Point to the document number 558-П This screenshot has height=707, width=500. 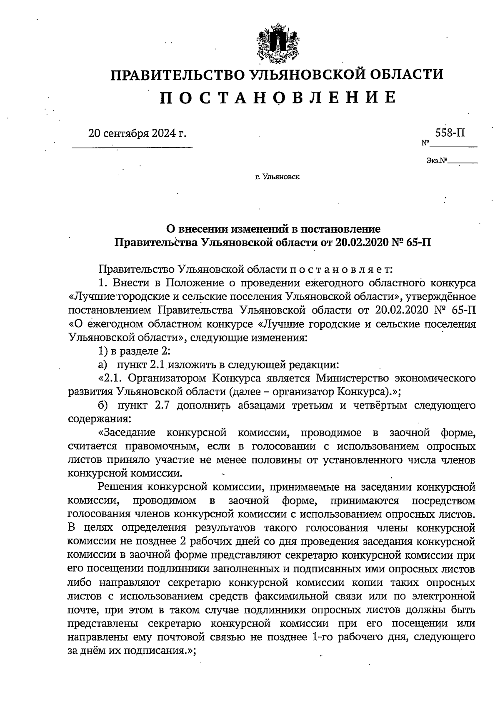(450, 133)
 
